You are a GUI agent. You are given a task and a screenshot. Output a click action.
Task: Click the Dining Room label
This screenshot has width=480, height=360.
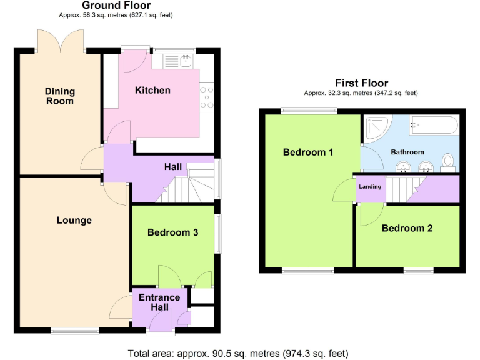59,96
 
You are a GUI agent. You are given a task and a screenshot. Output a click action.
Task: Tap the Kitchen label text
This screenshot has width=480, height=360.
152,90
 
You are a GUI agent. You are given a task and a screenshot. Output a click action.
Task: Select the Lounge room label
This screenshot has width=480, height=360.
74,220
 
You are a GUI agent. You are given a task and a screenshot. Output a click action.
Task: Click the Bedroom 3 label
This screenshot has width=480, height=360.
172,232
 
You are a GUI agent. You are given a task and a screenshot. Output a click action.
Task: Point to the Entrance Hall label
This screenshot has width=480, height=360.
159,302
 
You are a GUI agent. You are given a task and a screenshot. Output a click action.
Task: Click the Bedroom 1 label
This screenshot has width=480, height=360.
308,152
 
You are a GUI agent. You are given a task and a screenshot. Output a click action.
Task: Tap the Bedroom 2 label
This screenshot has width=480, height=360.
407,228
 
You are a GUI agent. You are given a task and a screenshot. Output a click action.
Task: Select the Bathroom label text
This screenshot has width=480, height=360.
407,152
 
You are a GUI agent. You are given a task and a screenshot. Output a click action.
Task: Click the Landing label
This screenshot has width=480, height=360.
370,186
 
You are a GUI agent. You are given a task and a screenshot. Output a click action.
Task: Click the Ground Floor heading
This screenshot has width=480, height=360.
116,6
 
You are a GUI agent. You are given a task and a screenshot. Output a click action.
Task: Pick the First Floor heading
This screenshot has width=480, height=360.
361,82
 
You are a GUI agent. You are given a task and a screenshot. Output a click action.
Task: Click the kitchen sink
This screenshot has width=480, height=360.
185,61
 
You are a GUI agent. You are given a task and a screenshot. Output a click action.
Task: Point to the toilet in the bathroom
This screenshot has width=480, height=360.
447,162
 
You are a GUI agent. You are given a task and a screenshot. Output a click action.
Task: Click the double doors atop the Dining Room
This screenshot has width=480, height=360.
61,41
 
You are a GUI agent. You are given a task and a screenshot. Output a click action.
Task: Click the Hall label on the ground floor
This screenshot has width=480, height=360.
173,167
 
